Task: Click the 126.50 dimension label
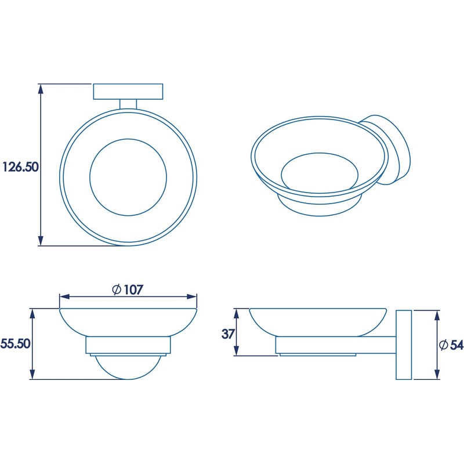point(21,167)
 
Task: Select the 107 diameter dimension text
point(133,289)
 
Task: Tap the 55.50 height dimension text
point(16,344)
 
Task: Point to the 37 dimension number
point(227,334)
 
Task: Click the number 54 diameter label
point(456,345)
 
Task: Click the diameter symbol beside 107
point(117,289)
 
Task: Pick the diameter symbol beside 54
point(443,345)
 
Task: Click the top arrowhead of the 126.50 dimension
point(41,89)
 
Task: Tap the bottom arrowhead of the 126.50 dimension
point(41,241)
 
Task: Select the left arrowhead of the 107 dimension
point(64,297)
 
